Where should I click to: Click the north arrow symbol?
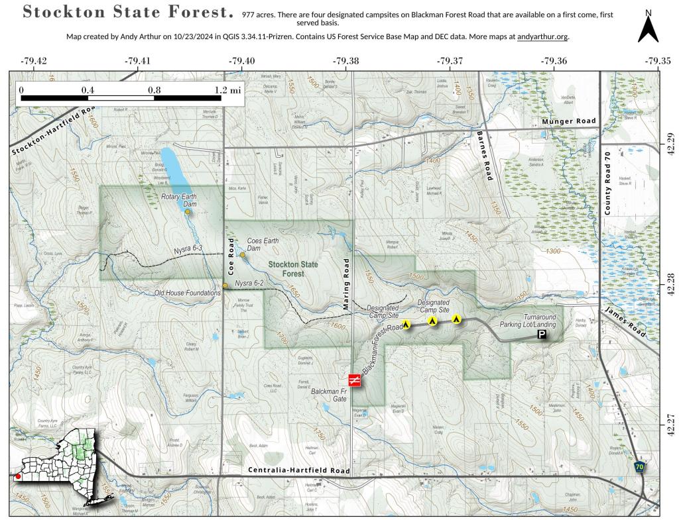648,28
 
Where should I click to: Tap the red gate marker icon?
355,380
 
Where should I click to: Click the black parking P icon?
542,336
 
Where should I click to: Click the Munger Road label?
569,121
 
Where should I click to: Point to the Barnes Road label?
484,154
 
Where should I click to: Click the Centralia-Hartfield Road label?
299,471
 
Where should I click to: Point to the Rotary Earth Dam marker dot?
188,213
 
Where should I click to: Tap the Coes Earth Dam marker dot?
243,255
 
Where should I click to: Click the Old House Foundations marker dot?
225,286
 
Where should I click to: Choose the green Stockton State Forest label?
292,269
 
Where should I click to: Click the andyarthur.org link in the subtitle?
542,36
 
